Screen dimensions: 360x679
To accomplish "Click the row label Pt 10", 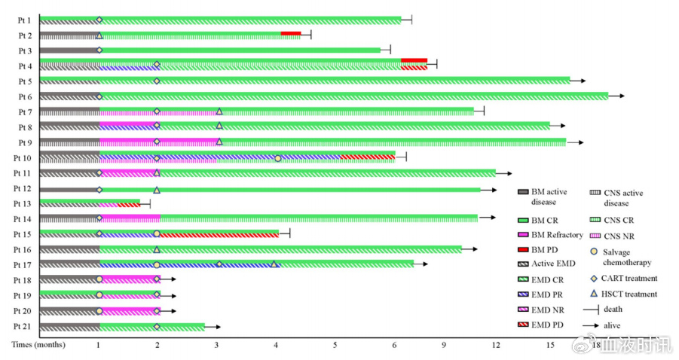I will pyautogui.click(x=22, y=157).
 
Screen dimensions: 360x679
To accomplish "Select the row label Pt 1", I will pyautogui.click(x=25, y=20).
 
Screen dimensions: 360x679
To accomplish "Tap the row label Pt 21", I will pyautogui.click(x=22, y=327).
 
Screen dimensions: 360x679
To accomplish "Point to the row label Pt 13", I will pyautogui.click(x=22, y=204).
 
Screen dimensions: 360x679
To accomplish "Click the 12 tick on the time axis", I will pyautogui.click(x=496, y=345).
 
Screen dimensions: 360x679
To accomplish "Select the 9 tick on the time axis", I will pyautogui.click(x=444, y=345).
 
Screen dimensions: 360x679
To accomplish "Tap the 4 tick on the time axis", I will pyautogui.click(x=277, y=345).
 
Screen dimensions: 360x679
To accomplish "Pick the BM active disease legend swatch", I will pyautogui.click(x=523, y=192).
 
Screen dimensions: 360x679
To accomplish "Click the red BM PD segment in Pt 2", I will pyautogui.click(x=290, y=33).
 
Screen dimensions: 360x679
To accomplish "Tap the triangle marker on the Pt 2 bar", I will pyautogui.click(x=99, y=35).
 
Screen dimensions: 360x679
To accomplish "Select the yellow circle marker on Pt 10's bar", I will pyautogui.click(x=277, y=158).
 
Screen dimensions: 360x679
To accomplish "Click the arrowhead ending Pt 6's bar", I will pyautogui.click(x=621, y=96).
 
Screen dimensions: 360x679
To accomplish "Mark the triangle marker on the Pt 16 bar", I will pyautogui.click(x=157, y=249).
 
